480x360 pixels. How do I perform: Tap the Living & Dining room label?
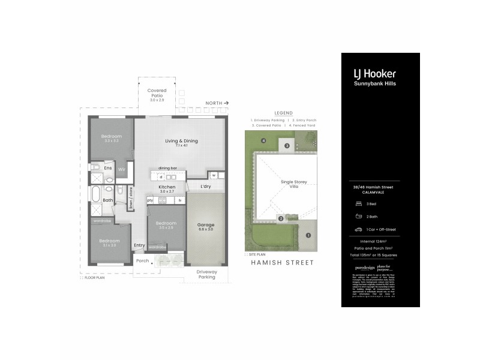(x=181, y=142)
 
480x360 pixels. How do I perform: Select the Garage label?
(x=206, y=226)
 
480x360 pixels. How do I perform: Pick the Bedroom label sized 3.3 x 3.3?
(x=110, y=137)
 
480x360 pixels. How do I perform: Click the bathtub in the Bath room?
(x=95, y=194)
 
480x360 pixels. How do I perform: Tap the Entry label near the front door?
(x=139, y=245)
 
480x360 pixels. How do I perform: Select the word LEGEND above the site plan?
(x=283, y=113)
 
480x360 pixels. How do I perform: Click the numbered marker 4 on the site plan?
(x=263, y=141)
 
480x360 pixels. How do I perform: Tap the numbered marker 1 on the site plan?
(x=308, y=235)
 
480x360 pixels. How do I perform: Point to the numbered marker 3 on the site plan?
(x=287, y=146)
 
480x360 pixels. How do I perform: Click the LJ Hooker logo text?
(x=374, y=74)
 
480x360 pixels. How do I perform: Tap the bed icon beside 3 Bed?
(x=358, y=204)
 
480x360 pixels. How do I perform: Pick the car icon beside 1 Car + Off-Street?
(x=358, y=229)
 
